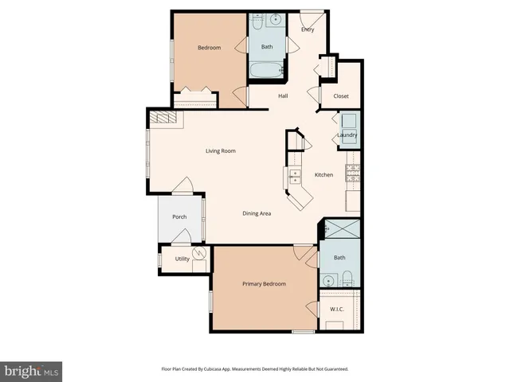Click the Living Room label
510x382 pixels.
(x=221, y=150)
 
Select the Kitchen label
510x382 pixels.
(x=324, y=175)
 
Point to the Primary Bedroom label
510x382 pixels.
(x=264, y=284)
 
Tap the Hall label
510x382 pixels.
(x=283, y=96)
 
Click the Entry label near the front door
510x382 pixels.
(x=308, y=29)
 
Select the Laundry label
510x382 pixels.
(x=347, y=135)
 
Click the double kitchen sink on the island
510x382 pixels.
(x=294, y=176)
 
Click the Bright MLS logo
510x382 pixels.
(x=31, y=371)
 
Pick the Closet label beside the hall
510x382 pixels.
(x=341, y=96)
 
